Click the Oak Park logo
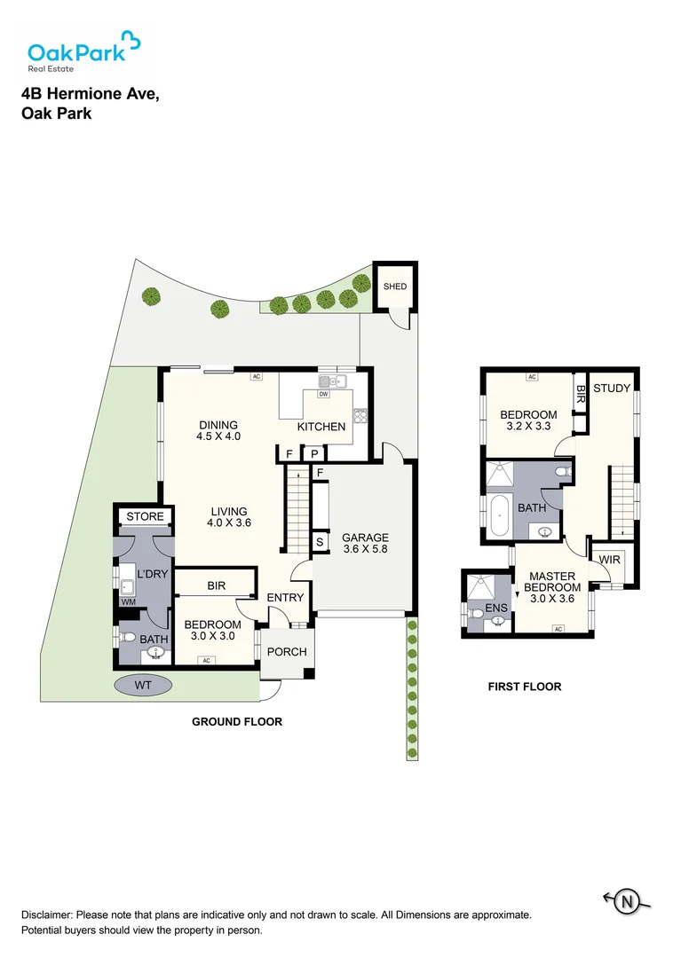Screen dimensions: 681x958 [x=84, y=51]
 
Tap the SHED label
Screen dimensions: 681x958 [x=395, y=286]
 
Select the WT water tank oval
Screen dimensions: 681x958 [x=142, y=685]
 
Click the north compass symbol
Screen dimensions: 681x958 [x=627, y=901]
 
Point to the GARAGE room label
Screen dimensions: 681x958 [x=365, y=538]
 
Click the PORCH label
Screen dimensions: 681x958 [x=287, y=652]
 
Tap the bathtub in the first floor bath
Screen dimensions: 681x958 [x=500, y=515]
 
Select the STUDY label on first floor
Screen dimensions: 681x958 [x=612, y=388]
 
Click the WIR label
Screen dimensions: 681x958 [x=609, y=560]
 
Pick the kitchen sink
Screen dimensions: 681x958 [x=332, y=381]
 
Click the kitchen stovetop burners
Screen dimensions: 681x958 [x=360, y=415]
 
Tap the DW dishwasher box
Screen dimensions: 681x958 [x=323, y=394]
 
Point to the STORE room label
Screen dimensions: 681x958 [x=145, y=516]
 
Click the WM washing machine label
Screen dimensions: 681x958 [x=128, y=601]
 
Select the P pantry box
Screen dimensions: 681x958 [x=314, y=454]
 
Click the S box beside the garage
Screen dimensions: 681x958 [x=319, y=541]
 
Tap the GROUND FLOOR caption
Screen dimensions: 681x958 [x=237, y=721]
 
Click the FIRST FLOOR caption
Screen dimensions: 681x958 [x=525, y=687]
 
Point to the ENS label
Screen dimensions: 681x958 [x=496, y=608]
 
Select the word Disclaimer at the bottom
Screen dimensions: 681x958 [x=46, y=915]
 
